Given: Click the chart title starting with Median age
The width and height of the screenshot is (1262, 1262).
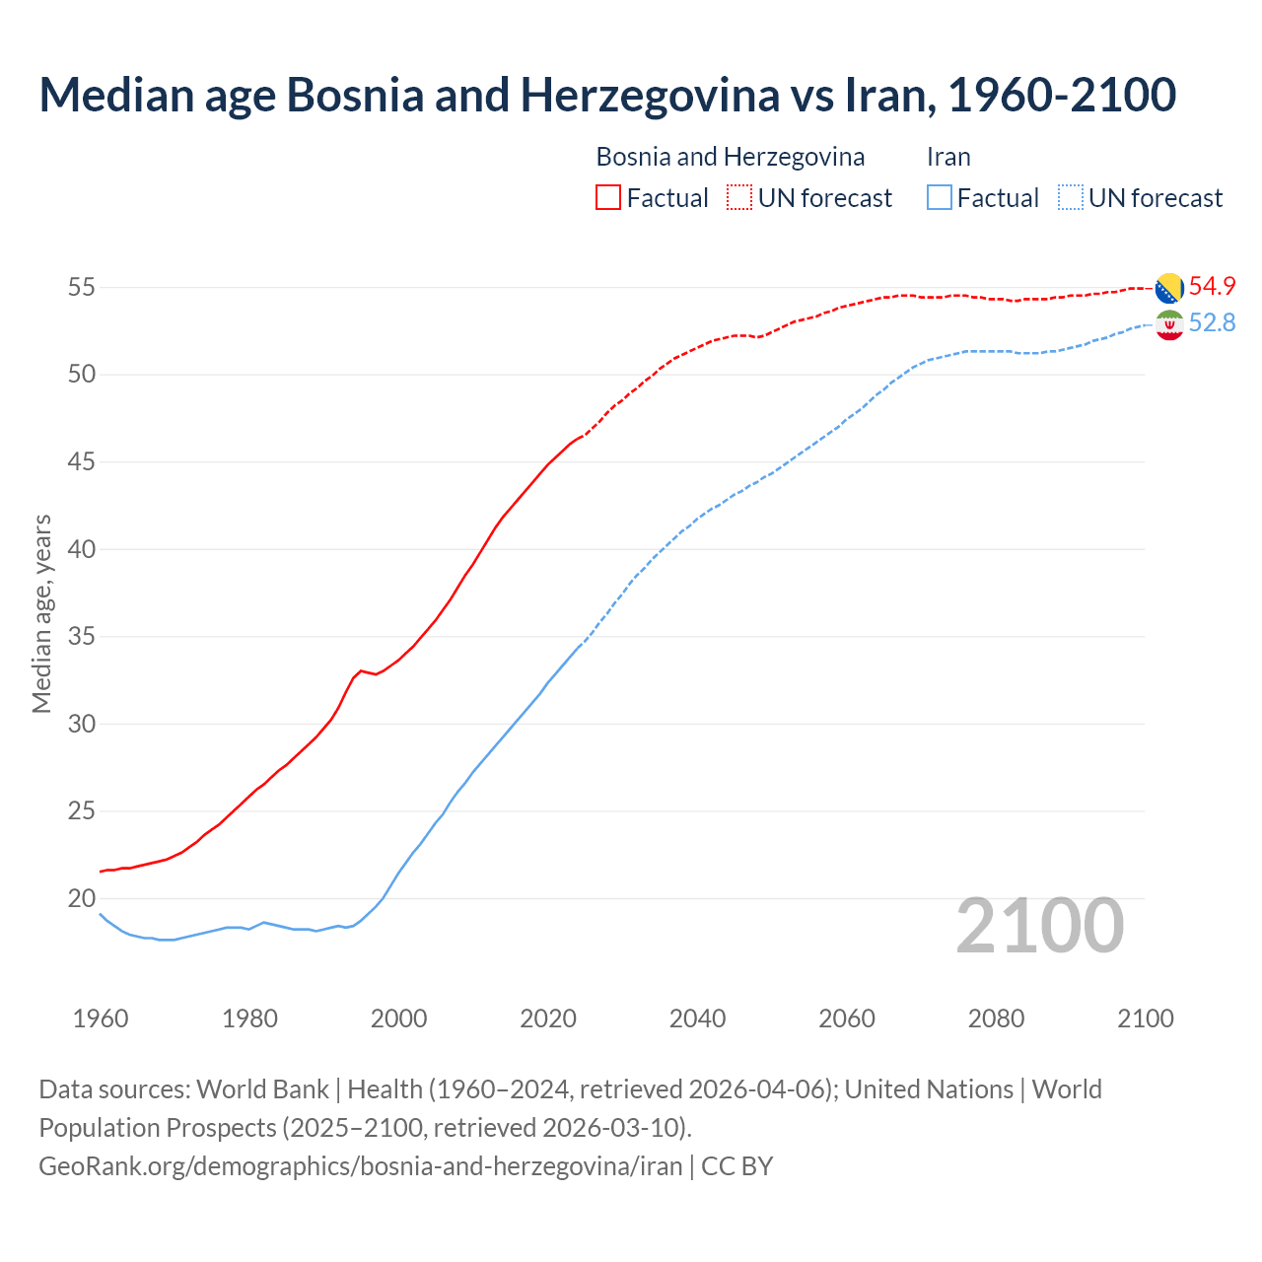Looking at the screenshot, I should click(607, 96).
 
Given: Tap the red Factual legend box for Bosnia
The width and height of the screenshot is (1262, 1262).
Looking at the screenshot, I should click(608, 197).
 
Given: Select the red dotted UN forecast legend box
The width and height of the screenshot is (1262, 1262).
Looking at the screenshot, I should click(739, 197).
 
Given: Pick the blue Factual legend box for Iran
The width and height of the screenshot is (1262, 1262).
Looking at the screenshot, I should click(940, 197).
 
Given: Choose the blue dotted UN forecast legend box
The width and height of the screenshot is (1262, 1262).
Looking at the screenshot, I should click(1071, 197).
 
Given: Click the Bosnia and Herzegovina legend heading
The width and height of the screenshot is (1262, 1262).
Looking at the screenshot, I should click(730, 157).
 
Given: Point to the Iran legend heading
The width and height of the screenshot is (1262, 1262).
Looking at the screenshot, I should click(948, 157).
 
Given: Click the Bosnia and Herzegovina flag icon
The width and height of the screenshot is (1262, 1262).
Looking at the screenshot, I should click(1169, 288).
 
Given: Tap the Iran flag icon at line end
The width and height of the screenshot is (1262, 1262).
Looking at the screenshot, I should click(1169, 324).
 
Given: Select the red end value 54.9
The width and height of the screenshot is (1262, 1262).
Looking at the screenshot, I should click(1212, 286).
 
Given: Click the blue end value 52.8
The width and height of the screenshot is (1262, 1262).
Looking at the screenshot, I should click(1212, 323).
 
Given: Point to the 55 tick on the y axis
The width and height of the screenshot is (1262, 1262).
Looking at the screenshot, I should click(81, 288).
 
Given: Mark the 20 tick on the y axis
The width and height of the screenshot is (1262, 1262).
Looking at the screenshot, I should click(81, 898).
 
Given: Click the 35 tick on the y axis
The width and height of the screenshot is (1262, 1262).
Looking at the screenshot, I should click(81, 637).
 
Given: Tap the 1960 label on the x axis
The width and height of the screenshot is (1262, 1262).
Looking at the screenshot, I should click(101, 1018).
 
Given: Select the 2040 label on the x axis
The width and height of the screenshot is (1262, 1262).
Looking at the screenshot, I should click(697, 1018).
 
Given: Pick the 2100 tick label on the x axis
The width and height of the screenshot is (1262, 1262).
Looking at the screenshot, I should click(1145, 1018).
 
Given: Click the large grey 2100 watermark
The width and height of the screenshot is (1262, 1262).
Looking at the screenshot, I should click(1039, 925).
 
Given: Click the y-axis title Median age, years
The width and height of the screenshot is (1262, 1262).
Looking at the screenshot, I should click(41, 613).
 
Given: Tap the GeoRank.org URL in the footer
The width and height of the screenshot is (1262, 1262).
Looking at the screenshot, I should click(360, 1166).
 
